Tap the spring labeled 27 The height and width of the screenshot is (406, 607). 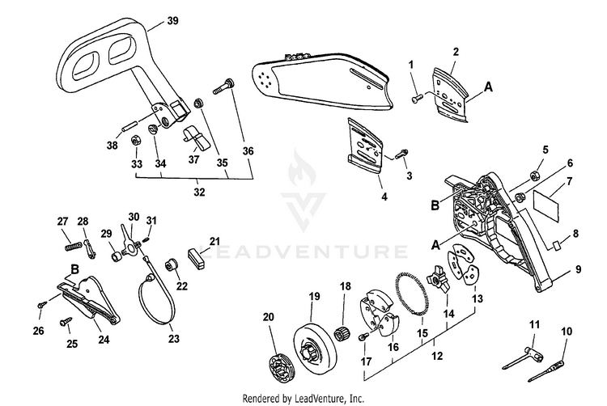pyautogui.click(x=73, y=239)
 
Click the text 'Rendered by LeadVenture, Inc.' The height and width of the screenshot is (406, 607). pyautogui.click(x=303, y=398)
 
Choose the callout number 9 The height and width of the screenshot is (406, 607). pyautogui.click(x=579, y=268)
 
